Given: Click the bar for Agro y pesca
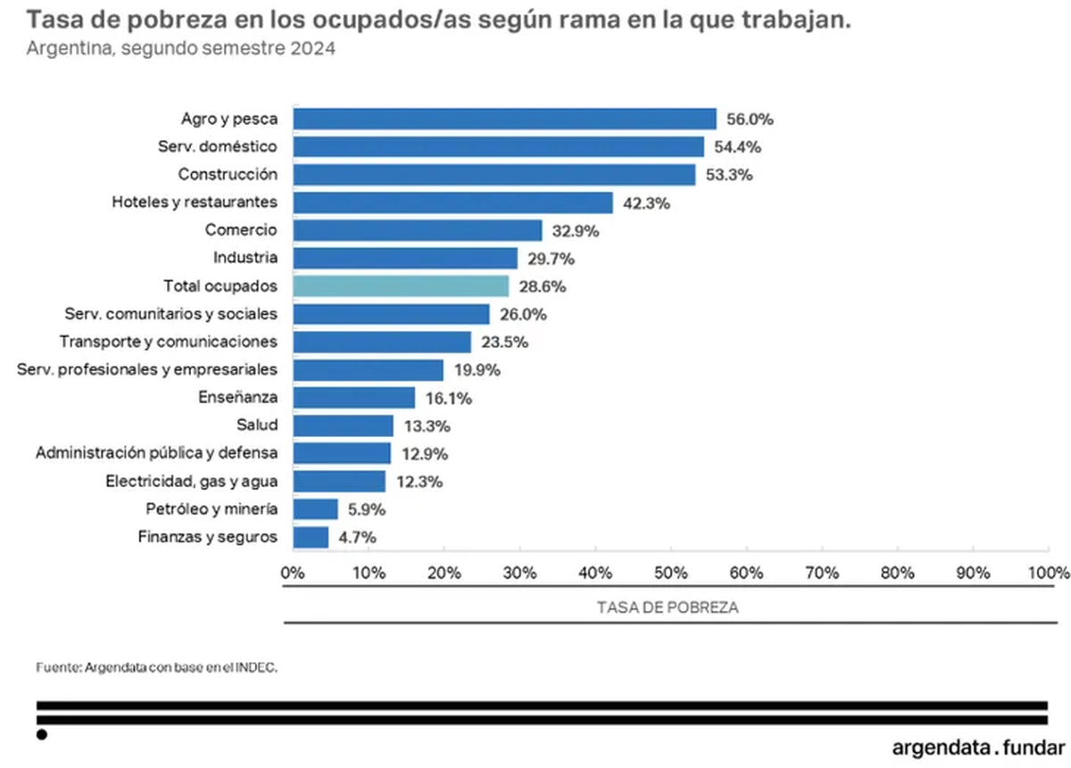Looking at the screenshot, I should (504, 119).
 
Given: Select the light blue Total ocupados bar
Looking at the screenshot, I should (401, 285).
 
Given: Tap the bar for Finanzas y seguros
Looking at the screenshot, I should (311, 537).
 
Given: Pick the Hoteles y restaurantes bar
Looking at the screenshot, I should (452, 202).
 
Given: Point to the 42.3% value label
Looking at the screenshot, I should (646, 203).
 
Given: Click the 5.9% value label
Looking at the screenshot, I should (366, 509).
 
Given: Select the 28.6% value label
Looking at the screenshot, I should (542, 287).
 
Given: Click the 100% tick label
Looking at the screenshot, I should (1048, 572).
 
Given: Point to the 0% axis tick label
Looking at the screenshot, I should (293, 572).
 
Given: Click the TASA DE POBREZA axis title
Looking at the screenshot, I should (667, 607).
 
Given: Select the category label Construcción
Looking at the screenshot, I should (228, 174).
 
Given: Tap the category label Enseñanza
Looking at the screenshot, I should (237, 397).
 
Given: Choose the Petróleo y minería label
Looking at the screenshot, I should (211, 508).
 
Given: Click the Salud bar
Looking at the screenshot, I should (343, 425).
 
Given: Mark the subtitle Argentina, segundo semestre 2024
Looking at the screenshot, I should (181, 49).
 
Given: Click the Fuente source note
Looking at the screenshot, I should (156, 666).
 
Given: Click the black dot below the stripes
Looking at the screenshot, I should (41, 734).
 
